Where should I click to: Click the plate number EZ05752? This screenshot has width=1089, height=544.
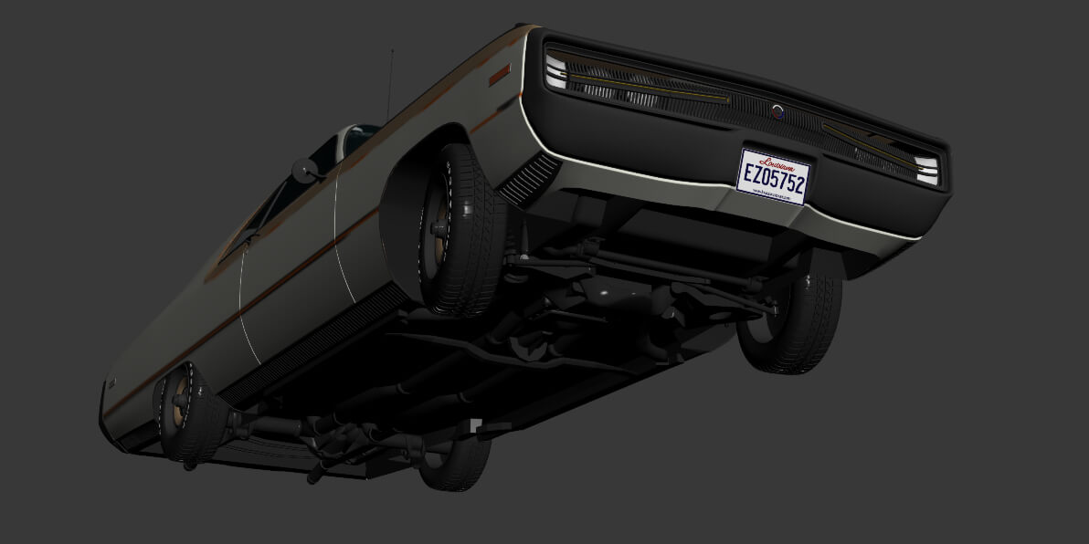click(x=773, y=179)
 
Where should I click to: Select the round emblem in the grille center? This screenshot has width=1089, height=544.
click(x=777, y=111)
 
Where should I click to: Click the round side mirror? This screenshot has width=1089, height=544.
click(x=303, y=169)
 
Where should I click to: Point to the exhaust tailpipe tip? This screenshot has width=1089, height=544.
click(x=315, y=476)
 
